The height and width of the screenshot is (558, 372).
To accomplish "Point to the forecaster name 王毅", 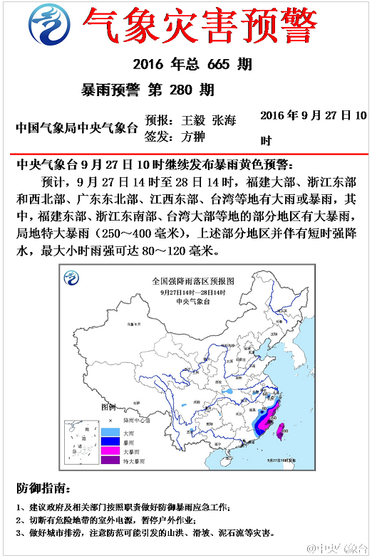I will click(x=193, y=120).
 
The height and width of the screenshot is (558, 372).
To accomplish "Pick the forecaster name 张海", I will click(x=224, y=120).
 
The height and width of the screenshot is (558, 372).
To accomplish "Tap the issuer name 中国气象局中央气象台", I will click(x=76, y=128).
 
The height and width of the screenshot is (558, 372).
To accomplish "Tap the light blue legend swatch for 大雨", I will click(x=110, y=431).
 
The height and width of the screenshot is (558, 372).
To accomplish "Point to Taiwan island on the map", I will click(x=280, y=431).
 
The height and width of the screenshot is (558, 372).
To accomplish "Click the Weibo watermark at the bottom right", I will click(x=337, y=549).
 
